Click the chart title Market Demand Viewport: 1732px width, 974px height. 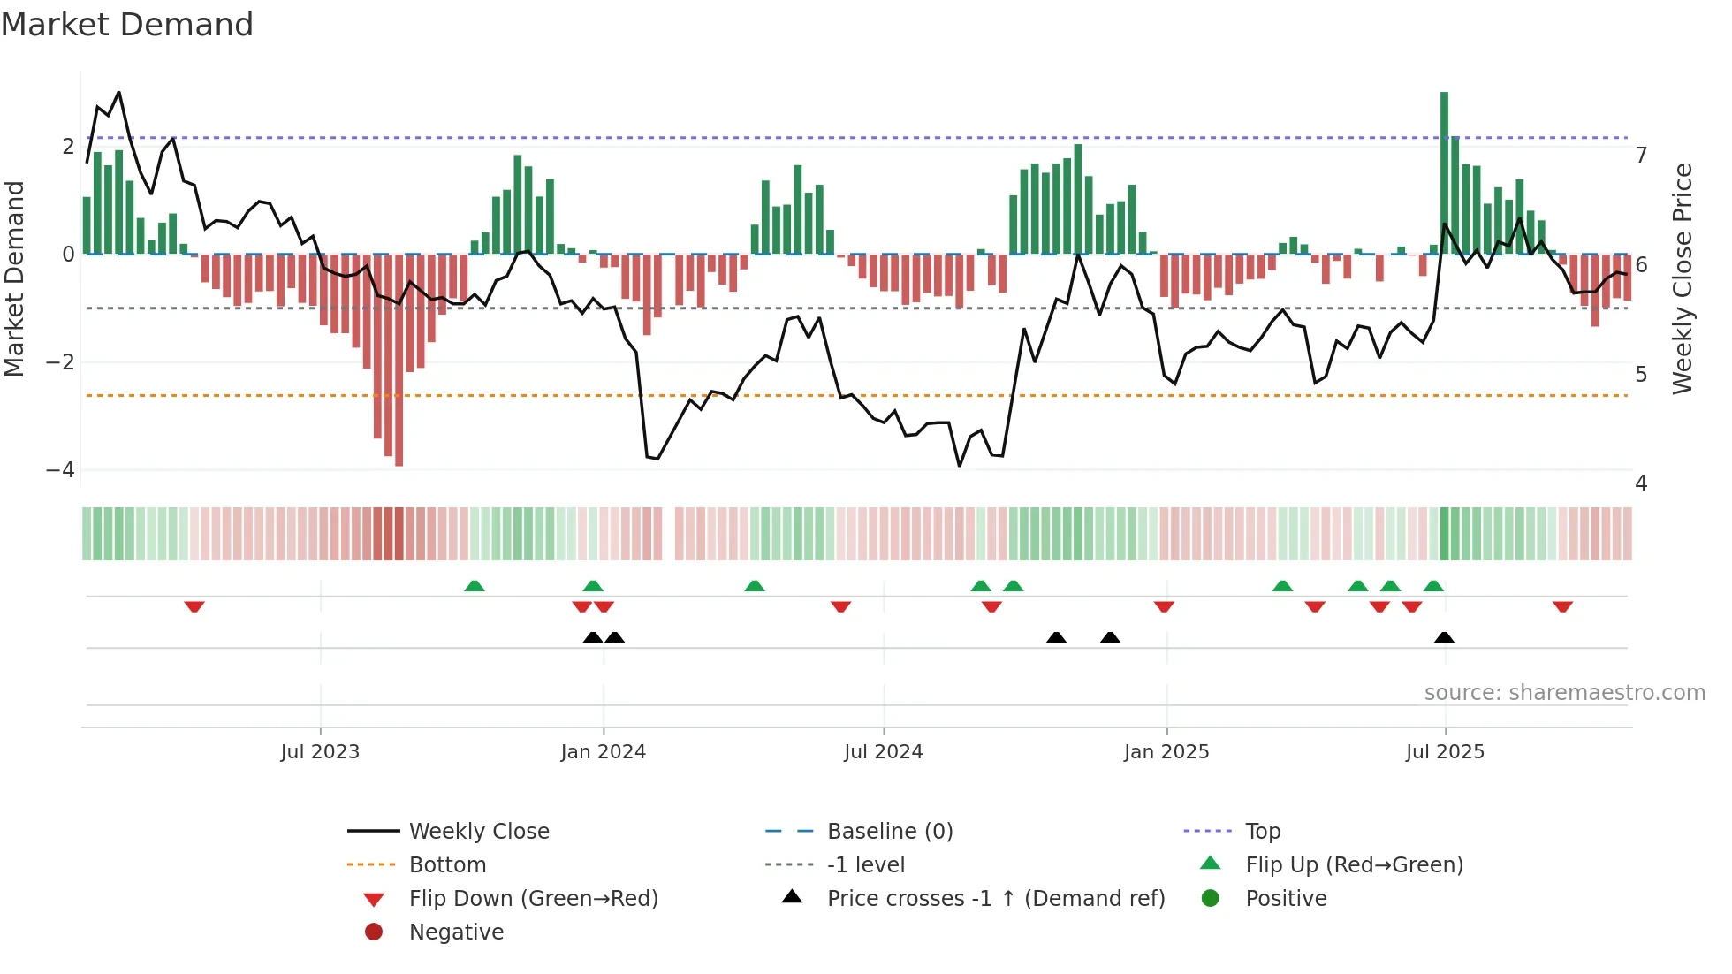pyautogui.click(x=127, y=25)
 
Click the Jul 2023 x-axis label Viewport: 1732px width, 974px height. pyautogui.click(x=320, y=752)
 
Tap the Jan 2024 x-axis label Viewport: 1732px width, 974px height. pyautogui.click(x=603, y=752)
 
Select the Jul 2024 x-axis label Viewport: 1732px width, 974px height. pyautogui.click(x=883, y=752)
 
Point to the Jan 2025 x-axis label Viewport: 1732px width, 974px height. pyautogui.click(x=1166, y=752)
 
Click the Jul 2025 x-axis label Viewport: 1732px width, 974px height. pyautogui.click(x=1445, y=752)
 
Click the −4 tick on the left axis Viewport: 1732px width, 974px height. pyautogui.click(x=60, y=470)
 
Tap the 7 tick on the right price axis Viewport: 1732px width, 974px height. pyautogui.click(x=1641, y=156)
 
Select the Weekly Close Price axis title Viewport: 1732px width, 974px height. pyautogui.click(x=1683, y=278)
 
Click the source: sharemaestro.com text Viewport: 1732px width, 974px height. pyautogui.click(x=1564, y=693)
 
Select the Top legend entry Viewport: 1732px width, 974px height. pyautogui.click(x=1263, y=832)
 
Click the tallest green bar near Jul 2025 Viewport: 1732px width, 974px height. pyautogui.click(x=1444, y=172)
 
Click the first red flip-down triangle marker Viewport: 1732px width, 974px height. pyautogui.click(x=194, y=607)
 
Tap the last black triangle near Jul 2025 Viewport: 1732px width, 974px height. pyautogui.click(x=1444, y=638)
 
